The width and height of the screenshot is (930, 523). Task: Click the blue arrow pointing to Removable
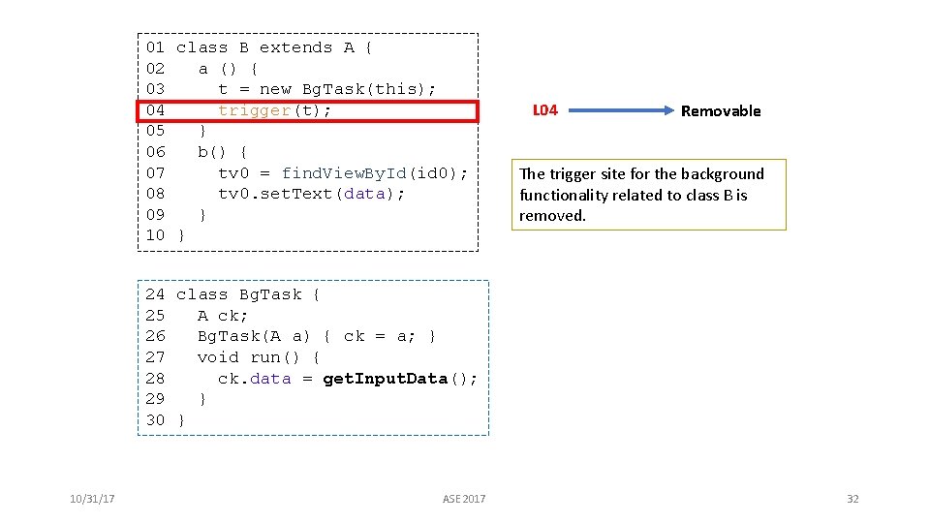pos(615,110)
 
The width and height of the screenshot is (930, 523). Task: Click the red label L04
pos(545,110)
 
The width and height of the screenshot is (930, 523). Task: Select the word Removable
pos(721,110)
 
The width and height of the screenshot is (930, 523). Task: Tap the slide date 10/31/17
pos(93,499)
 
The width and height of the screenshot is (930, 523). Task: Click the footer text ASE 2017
pos(464,499)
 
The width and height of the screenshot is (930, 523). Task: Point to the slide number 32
pos(852,499)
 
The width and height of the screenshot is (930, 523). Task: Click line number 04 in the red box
pos(155,110)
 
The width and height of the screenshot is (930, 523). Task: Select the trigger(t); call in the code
pos(275,110)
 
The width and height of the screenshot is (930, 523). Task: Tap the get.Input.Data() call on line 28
pos(399,379)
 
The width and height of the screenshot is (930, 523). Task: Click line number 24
pos(155,294)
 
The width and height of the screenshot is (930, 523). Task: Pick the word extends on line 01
pos(295,47)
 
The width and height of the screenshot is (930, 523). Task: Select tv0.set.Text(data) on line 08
pos(311,194)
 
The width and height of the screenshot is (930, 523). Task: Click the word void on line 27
pos(218,357)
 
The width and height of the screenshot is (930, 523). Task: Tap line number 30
pos(155,420)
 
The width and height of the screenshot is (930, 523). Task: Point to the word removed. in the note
pos(552,216)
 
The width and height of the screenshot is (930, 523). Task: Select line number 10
pos(155,235)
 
